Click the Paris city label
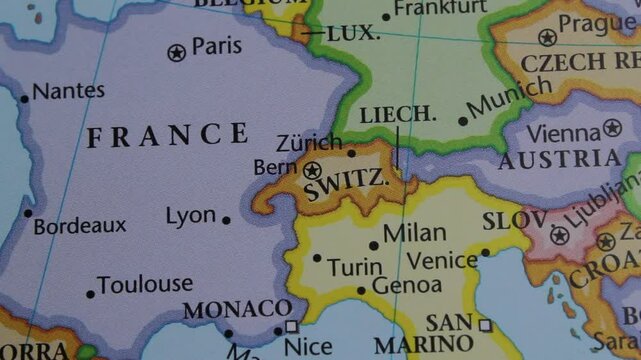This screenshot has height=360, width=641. click(x=217, y=46)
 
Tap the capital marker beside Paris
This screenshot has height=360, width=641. click(x=177, y=52)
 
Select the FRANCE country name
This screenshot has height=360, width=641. click(x=167, y=135)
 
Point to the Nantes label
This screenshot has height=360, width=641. click(x=68, y=91)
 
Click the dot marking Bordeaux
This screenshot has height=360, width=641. click(x=28, y=212)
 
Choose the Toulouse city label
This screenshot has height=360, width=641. click(x=146, y=285)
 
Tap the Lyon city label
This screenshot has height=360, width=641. click(x=190, y=216)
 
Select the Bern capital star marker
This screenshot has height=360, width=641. click(x=312, y=171)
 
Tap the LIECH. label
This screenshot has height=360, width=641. click(x=398, y=115)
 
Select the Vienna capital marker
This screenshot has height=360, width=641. click(x=612, y=128)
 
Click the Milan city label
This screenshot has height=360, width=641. click(x=414, y=233)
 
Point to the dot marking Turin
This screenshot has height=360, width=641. click(x=317, y=257)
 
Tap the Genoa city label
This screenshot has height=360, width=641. click(x=406, y=287)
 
